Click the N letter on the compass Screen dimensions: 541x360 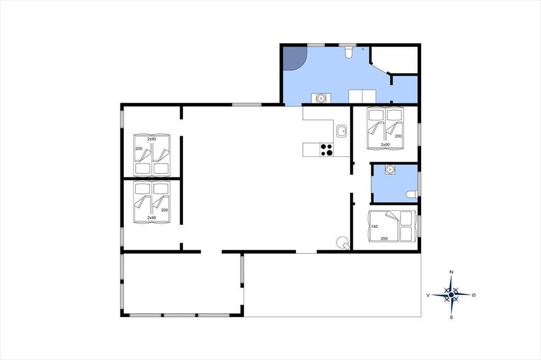[x=451, y=272]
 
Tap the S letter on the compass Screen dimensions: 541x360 [x=451, y=317]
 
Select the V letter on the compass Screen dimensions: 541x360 [x=428, y=295]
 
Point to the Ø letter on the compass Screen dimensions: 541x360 [x=474, y=295]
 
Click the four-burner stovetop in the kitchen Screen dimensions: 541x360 [x=327, y=150]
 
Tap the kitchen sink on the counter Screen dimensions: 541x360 [x=341, y=131]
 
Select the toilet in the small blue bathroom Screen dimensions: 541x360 [x=412, y=194]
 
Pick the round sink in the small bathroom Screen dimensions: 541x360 [x=390, y=169]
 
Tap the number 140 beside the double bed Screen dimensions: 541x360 [x=375, y=226]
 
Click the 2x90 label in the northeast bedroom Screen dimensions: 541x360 [x=385, y=145]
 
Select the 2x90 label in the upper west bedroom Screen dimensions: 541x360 [x=152, y=139]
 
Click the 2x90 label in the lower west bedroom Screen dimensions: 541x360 [x=152, y=217]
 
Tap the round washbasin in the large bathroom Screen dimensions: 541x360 [x=321, y=98]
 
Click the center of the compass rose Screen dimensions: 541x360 [x=451, y=295]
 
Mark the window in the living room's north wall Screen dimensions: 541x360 [x=247, y=105]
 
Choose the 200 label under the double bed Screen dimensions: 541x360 [x=384, y=239]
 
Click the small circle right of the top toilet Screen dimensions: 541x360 [x=363, y=49]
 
